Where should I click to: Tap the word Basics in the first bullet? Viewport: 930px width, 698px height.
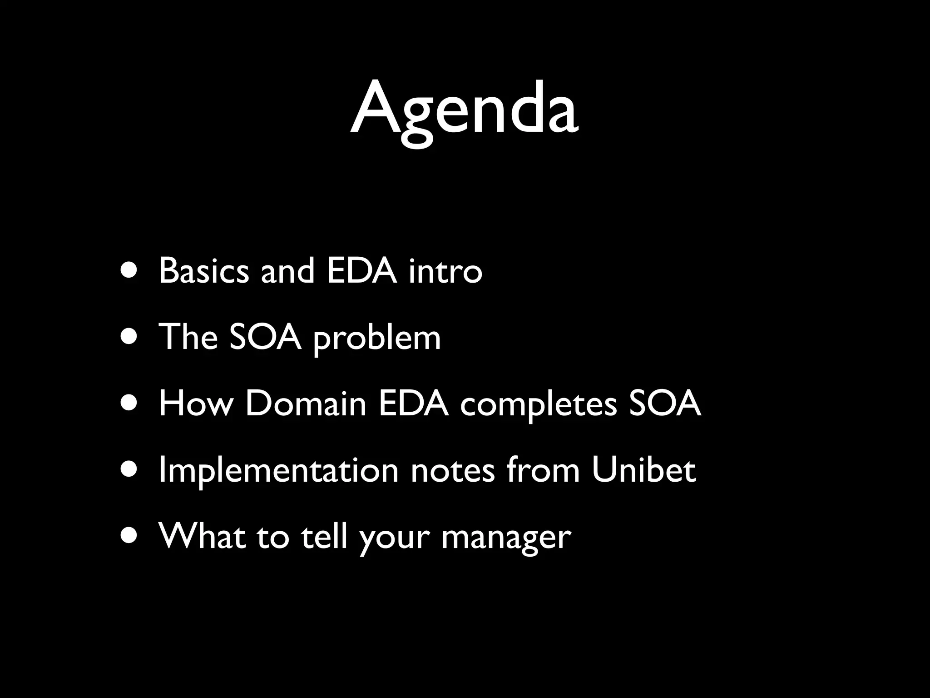204,271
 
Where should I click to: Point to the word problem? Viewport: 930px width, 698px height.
377,339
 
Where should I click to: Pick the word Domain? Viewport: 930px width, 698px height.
306,404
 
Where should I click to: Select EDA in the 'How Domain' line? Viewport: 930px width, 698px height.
414,404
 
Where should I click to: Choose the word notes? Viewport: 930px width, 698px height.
453,471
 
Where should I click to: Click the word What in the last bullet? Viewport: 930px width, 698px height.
202,537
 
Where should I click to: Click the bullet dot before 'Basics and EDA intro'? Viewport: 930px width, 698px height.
129,271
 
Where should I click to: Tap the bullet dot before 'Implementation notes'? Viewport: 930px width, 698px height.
129,471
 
